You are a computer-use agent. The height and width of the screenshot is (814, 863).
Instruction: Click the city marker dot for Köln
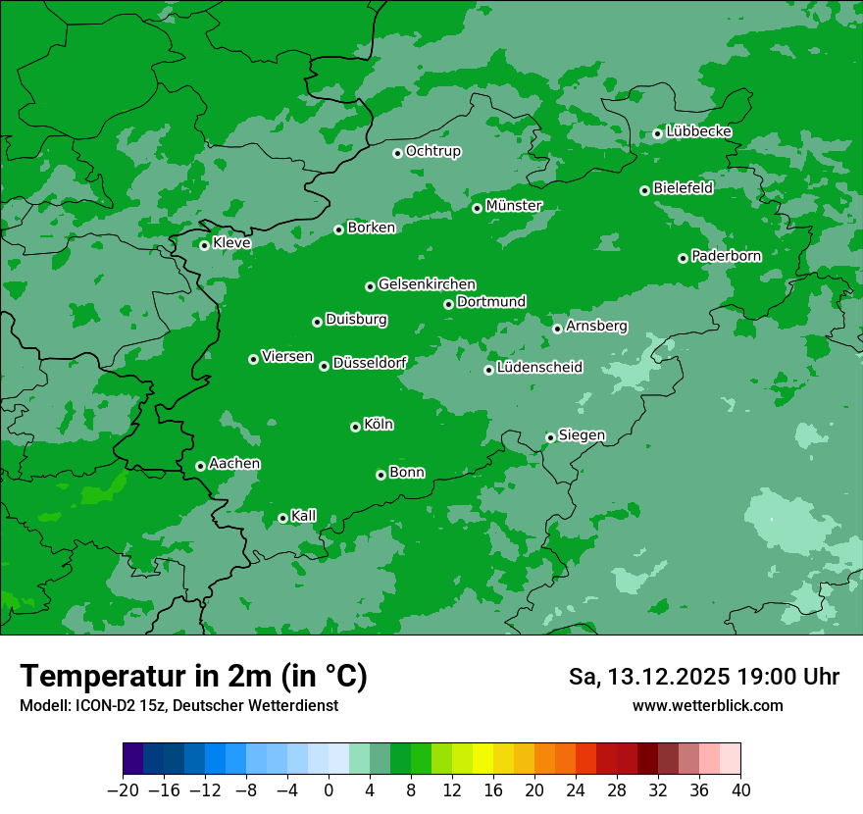(x=355, y=427)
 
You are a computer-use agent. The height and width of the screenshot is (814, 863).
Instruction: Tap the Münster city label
(x=514, y=206)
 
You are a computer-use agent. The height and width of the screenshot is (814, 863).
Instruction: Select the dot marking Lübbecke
(x=657, y=133)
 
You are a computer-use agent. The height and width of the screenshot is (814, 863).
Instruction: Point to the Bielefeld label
(x=683, y=188)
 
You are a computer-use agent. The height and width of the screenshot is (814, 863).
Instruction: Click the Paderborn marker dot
(x=683, y=258)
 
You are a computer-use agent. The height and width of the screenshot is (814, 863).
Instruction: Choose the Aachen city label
(x=234, y=464)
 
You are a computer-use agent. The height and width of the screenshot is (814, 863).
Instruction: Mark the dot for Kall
(x=282, y=518)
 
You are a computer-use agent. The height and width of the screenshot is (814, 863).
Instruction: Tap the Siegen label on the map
(x=582, y=435)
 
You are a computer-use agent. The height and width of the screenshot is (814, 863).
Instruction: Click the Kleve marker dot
(x=204, y=245)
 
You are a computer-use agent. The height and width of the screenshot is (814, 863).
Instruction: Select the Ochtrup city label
(x=432, y=151)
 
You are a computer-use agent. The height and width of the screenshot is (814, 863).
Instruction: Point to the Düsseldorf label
(x=370, y=363)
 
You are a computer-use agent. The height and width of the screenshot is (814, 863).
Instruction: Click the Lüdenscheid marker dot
(x=488, y=370)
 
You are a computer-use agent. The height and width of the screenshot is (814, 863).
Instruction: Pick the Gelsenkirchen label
(x=427, y=284)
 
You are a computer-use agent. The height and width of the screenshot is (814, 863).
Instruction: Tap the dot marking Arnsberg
(x=557, y=329)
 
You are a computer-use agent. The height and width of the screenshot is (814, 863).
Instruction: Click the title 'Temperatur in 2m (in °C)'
(x=193, y=677)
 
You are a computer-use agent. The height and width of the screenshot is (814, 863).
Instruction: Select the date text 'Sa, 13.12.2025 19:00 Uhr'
(x=703, y=677)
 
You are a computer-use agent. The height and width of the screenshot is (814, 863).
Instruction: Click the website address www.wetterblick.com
(x=707, y=705)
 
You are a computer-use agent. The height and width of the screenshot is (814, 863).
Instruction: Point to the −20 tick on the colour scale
(x=124, y=790)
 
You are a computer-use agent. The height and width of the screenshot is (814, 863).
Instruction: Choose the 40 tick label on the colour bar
(x=740, y=790)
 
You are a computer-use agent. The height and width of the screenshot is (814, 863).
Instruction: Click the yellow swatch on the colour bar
(x=482, y=759)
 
